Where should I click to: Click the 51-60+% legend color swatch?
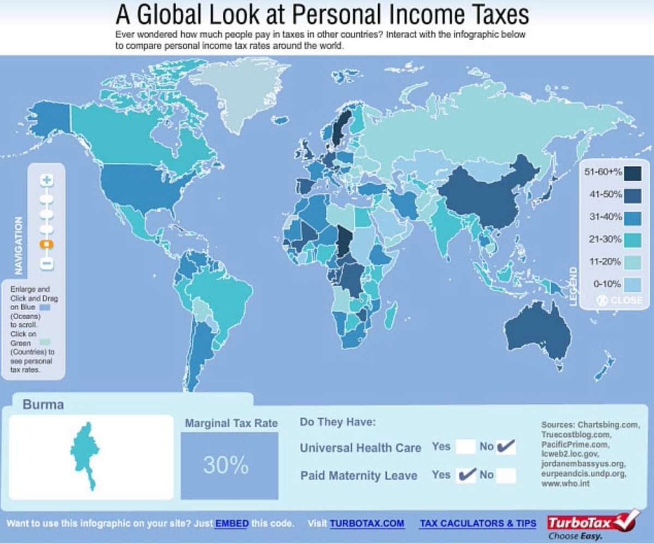tap(633, 173)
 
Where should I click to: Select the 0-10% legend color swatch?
tap(633, 284)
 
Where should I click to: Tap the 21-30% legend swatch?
tap(633, 240)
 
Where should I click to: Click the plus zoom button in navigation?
tap(47, 180)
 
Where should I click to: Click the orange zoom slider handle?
tap(47, 245)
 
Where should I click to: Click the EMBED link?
tap(232, 524)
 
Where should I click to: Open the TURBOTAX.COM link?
tap(367, 524)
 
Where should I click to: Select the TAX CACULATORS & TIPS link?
tap(477, 524)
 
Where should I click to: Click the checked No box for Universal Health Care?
tap(506, 447)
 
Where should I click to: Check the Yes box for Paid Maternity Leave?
tap(467, 475)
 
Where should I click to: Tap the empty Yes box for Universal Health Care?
tap(466, 447)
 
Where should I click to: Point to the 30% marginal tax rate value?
tap(226, 465)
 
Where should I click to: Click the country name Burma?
tap(43, 405)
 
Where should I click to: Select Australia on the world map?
tap(537, 329)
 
